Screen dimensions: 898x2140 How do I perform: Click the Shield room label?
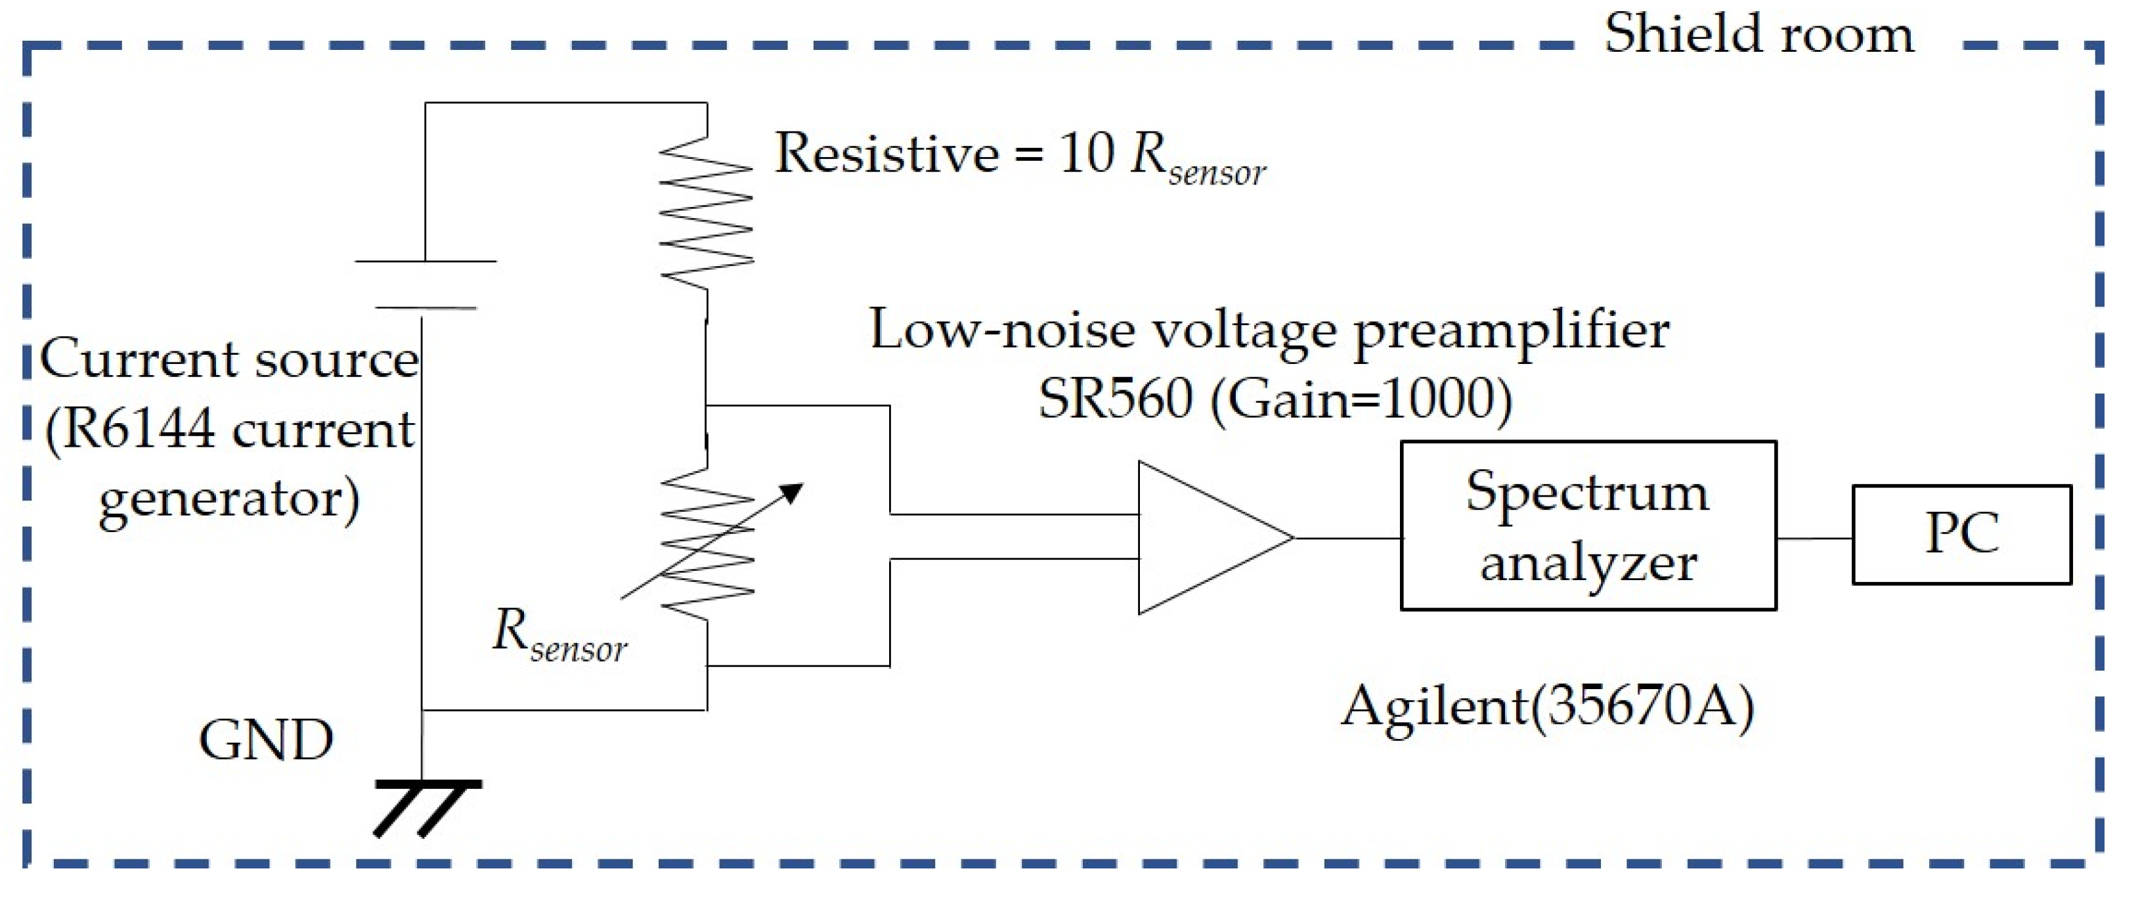click(x=1758, y=35)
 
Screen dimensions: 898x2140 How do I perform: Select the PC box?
click(x=1961, y=534)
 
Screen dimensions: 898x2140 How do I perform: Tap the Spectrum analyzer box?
click(x=1588, y=526)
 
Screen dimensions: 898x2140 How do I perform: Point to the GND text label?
click(x=266, y=739)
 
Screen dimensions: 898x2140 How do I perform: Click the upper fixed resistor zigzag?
click(x=706, y=214)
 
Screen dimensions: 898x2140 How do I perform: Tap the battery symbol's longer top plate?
click(x=426, y=261)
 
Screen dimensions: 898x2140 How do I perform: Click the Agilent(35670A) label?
click(x=1548, y=707)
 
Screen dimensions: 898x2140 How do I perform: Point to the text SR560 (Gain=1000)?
click(x=1275, y=399)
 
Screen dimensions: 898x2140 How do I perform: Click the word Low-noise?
click(x=1001, y=330)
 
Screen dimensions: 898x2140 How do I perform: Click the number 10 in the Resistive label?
click(x=1086, y=154)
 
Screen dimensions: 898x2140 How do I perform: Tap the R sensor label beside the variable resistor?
click(x=558, y=635)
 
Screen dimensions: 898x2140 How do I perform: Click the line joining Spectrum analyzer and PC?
click(x=1814, y=538)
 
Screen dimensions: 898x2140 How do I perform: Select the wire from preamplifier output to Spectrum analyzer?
click(x=1347, y=538)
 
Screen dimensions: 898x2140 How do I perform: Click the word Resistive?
click(x=886, y=154)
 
